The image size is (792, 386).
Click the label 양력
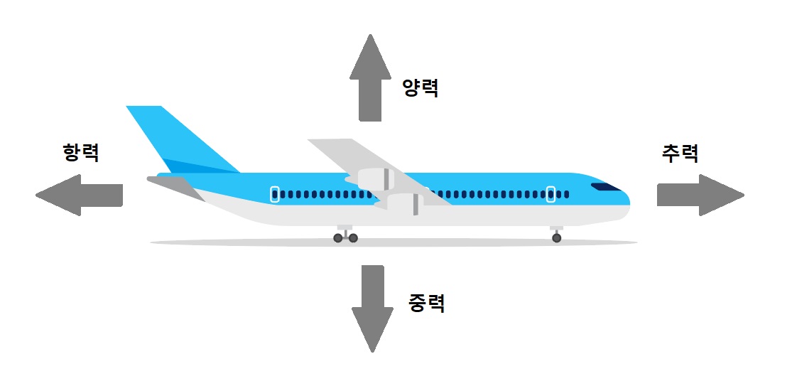click(x=421, y=87)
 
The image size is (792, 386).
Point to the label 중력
click(x=427, y=304)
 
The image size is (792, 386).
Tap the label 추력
click(x=680, y=153)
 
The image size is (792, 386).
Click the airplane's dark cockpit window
click(x=605, y=188)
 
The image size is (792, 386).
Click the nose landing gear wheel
click(x=556, y=237)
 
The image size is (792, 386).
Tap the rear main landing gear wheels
click(x=345, y=237)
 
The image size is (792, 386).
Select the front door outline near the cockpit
click(x=550, y=194)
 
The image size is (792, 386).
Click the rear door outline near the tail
click(x=275, y=194)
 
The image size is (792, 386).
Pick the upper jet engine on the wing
click(x=374, y=179)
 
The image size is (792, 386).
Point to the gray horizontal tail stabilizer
click(x=174, y=187)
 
